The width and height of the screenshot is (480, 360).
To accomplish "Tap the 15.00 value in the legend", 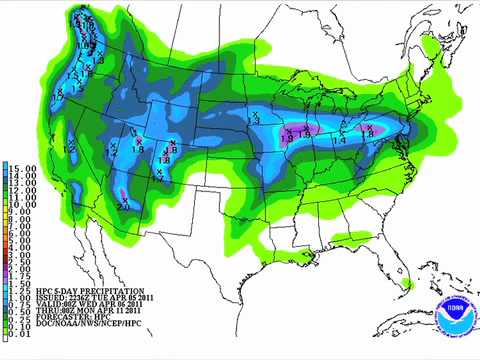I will coord(22,165).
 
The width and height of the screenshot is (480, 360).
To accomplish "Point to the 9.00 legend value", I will coord(22,212).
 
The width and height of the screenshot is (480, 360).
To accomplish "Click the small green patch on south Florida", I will coord(404,284).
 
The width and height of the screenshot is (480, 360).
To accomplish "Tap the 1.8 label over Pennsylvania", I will coord(366,132).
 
